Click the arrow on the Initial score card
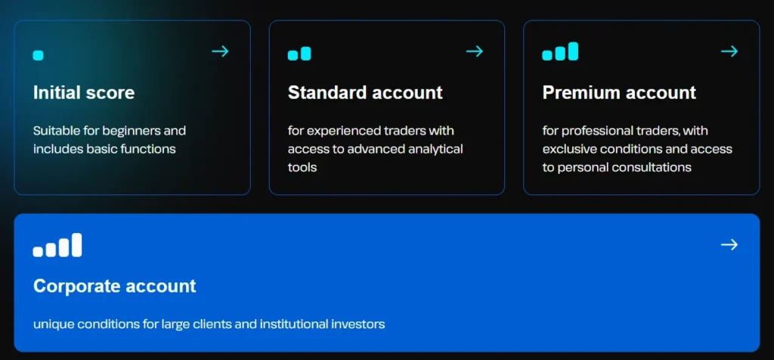(x=220, y=51)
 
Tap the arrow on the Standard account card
(x=475, y=51)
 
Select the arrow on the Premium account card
(x=729, y=51)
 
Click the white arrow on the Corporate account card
(x=729, y=244)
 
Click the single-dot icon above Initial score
(x=39, y=55)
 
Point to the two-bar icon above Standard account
(x=299, y=54)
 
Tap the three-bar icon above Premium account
(x=560, y=52)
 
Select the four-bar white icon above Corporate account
(x=57, y=246)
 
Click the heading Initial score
(x=84, y=93)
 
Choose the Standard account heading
(x=365, y=93)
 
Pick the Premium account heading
(x=619, y=93)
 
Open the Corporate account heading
(x=114, y=287)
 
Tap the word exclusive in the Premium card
(x=566, y=149)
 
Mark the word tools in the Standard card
(x=302, y=167)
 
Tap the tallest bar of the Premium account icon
(x=573, y=51)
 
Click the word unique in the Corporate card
(x=51, y=324)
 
